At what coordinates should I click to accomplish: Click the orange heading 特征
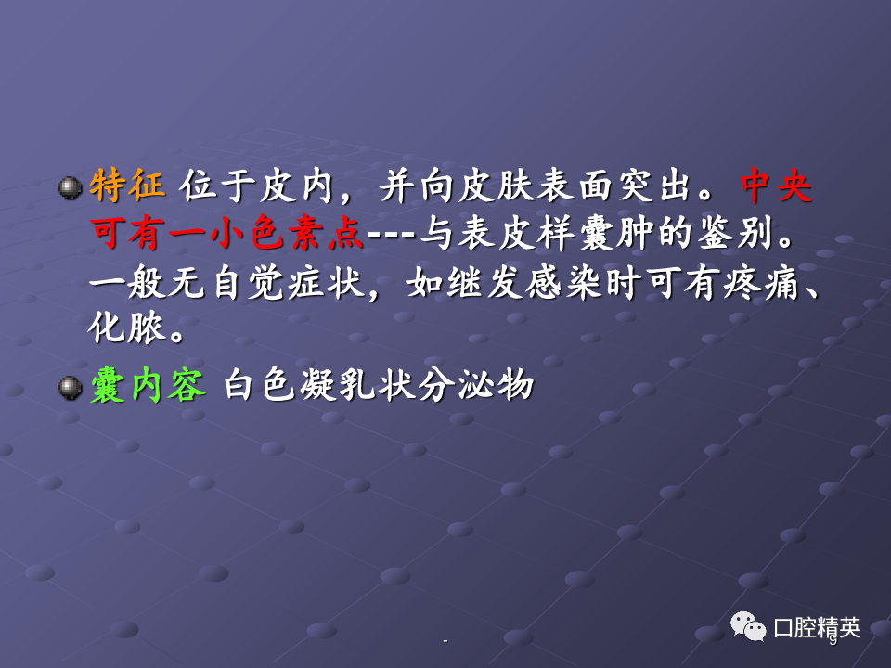tap(127, 186)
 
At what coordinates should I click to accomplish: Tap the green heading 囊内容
tap(148, 386)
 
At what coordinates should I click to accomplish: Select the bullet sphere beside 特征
tap(70, 188)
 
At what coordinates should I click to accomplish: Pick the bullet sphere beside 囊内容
tap(70, 388)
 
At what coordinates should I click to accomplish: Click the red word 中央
tap(776, 186)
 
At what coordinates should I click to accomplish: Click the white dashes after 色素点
tap(391, 234)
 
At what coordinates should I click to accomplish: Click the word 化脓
tap(127, 328)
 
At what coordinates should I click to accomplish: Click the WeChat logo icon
tap(748, 626)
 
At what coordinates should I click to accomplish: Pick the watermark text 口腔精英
tap(817, 628)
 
